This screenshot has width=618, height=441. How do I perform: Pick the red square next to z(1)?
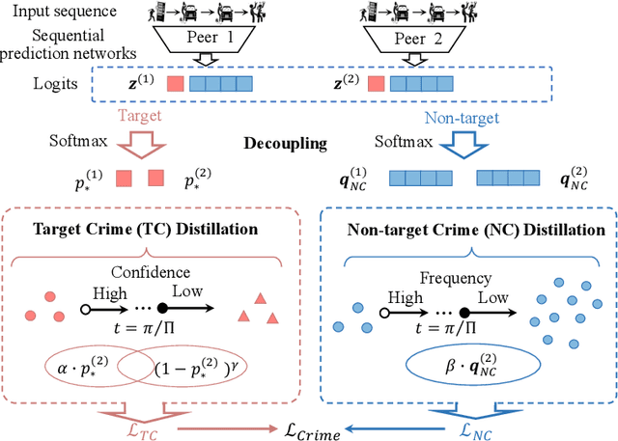175,84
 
